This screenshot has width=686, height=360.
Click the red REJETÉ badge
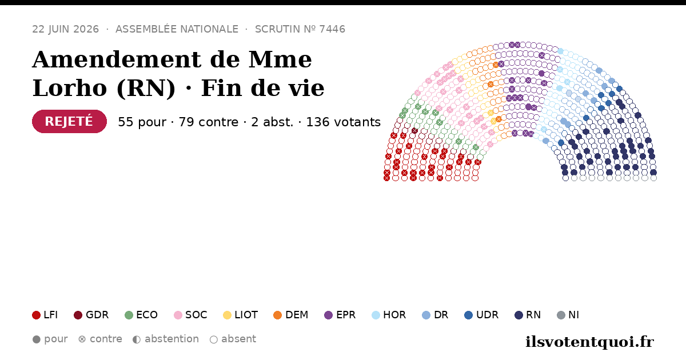(69, 121)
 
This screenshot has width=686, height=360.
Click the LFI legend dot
(36, 315)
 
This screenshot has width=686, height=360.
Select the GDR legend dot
(78, 315)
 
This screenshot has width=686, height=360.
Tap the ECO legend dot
(129, 315)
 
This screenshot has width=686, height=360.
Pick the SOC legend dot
(178, 315)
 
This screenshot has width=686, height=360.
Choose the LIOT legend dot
(228, 315)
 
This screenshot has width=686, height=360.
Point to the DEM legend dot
(277, 315)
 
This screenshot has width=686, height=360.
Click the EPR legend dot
(328, 315)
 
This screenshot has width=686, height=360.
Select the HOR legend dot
(376, 315)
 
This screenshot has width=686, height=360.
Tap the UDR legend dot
(469, 315)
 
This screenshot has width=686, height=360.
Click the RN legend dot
(519, 315)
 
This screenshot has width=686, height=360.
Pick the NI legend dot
(561, 315)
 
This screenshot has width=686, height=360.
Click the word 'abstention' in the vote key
(172, 339)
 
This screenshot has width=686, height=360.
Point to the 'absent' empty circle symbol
(214, 339)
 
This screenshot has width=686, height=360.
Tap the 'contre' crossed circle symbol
(82, 339)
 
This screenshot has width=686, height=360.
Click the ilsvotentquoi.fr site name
(589, 342)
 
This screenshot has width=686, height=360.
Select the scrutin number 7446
(332, 29)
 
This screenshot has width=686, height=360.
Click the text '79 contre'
(208, 122)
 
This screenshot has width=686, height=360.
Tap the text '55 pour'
(142, 122)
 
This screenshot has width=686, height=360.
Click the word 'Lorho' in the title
(70, 88)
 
